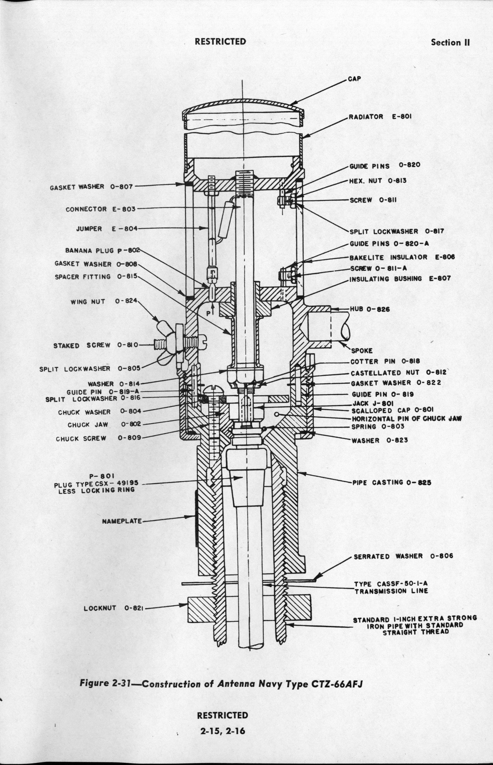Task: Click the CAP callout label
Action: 354,79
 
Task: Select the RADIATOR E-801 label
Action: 380,117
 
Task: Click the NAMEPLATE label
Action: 122,521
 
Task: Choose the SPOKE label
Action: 362,351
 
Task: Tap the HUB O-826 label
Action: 369,309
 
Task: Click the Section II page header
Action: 450,42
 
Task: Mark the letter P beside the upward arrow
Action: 208,314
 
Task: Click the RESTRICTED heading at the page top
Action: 221,42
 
